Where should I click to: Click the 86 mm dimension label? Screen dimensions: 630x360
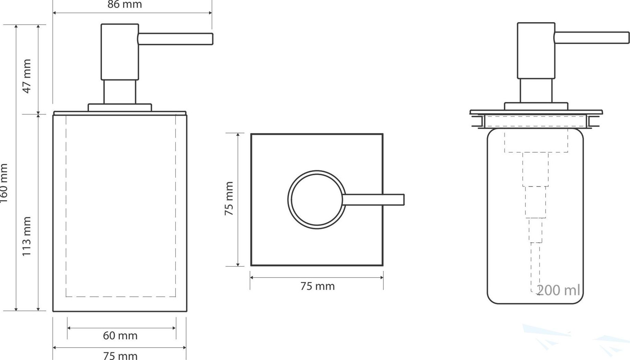124,4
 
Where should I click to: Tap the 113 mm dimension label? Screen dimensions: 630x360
26,236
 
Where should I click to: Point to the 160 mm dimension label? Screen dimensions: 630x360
3,183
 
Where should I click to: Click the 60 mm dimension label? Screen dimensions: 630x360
120,336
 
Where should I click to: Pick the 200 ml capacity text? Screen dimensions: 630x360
558,290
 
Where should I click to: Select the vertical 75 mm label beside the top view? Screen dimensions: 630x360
229,198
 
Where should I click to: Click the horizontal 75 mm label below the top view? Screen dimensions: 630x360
317,286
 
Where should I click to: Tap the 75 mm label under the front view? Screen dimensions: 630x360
120,356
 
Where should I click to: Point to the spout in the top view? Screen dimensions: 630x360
373,200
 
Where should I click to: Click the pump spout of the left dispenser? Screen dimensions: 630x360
175,39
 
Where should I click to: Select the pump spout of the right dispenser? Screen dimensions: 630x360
592,38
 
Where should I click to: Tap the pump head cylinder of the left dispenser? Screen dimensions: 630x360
120,52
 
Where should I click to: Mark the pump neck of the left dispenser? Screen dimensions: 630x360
120,92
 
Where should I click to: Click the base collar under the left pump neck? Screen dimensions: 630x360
120,107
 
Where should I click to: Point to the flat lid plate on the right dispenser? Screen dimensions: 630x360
536,112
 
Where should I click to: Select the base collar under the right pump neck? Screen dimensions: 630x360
536,106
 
